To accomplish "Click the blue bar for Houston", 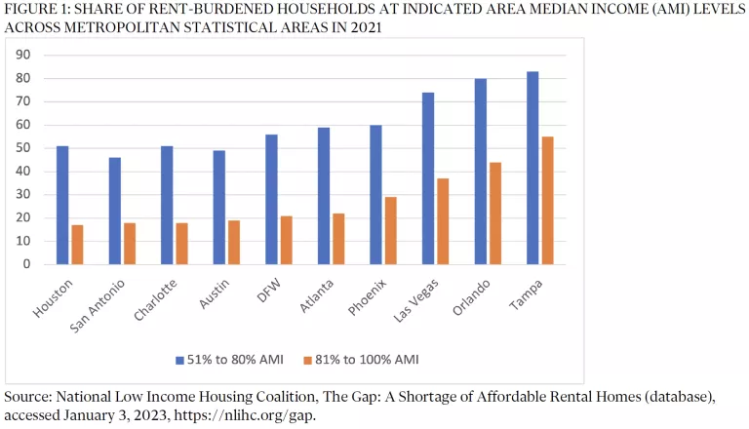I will [62, 205].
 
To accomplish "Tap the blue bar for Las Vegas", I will [428, 178].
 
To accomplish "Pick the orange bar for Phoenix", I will [391, 230].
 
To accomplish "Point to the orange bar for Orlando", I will [495, 213].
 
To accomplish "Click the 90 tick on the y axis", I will [22, 55].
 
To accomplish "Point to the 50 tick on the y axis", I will [22, 148].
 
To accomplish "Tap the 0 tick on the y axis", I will [26, 264].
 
